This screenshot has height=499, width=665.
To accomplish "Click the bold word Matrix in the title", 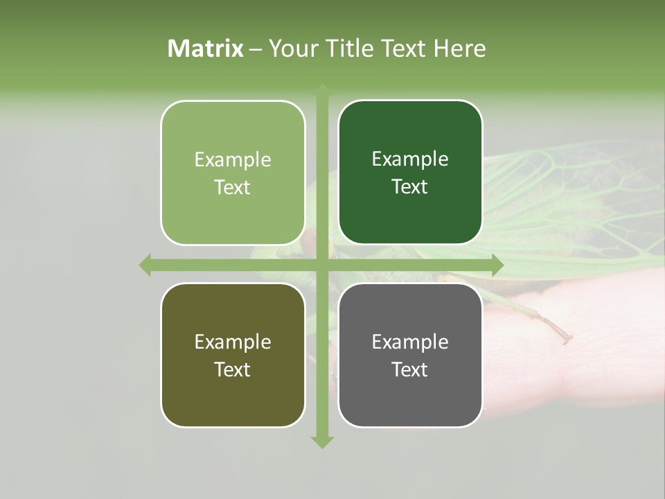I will [x=206, y=49].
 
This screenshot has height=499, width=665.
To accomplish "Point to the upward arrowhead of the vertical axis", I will [x=321, y=89].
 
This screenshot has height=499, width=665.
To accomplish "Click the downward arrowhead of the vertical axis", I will [x=321, y=441].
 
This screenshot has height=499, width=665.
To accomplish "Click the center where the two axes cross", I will [x=321, y=265].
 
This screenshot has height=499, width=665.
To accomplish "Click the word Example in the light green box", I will [x=233, y=160].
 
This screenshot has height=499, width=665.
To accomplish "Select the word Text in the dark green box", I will [x=410, y=186].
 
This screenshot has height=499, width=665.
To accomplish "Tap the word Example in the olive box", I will [x=233, y=342].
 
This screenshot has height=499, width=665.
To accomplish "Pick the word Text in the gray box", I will [x=410, y=369].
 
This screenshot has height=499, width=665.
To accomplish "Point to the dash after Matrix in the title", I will [x=256, y=49].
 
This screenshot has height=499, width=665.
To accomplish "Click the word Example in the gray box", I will [x=410, y=342].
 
